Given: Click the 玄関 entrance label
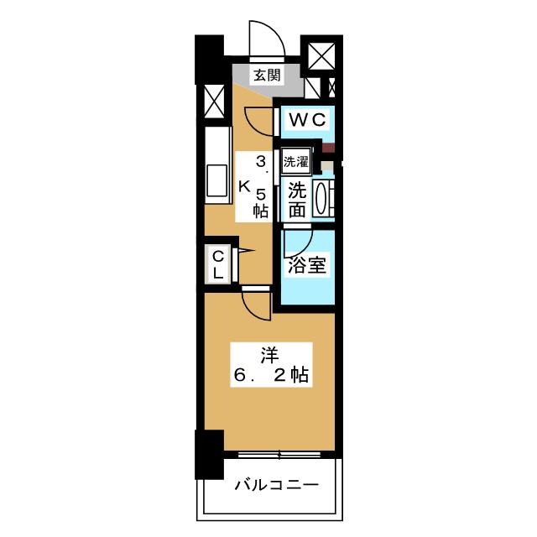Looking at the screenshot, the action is coord(267,75).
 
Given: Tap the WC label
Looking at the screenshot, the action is coord(307,120).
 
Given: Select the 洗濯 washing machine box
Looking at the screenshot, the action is coord(296,161).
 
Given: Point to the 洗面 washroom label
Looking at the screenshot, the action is coord(297,201).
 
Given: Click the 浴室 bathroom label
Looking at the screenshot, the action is coord(307,265).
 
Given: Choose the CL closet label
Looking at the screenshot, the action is coord(218,264).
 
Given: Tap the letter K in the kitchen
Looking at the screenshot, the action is coord(244,186).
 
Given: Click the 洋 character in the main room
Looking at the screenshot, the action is coord(270,355).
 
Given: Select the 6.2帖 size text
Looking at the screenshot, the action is coord(271,375).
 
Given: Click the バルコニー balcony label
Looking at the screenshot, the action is coord(276,485).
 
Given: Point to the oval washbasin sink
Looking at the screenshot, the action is coord(321,200).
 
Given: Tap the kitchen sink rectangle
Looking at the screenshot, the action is coord(216,181).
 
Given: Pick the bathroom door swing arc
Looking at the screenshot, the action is coord(304,248).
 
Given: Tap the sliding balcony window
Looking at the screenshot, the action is coord(279,455).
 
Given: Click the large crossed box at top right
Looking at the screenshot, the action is coord(321,56).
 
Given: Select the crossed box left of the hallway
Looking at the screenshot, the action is coord(214,102).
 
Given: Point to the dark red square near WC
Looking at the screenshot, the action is coord(329,148).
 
